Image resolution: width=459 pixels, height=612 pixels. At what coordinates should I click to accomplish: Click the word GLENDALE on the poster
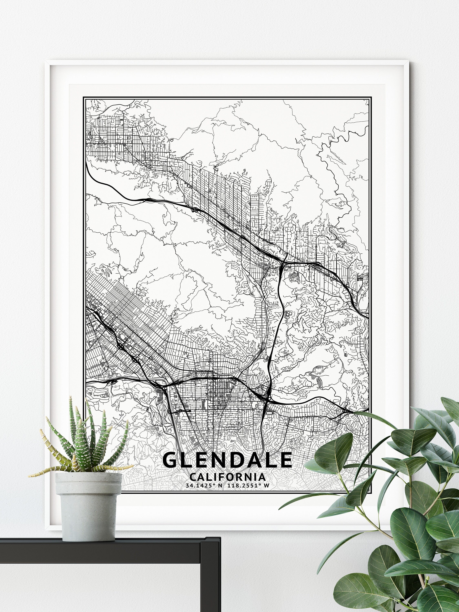tap(227, 460)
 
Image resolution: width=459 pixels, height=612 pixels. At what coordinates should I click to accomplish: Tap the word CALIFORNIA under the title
tap(227, 477)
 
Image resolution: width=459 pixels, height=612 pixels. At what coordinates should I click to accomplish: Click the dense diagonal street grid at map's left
tap(130, 318)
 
